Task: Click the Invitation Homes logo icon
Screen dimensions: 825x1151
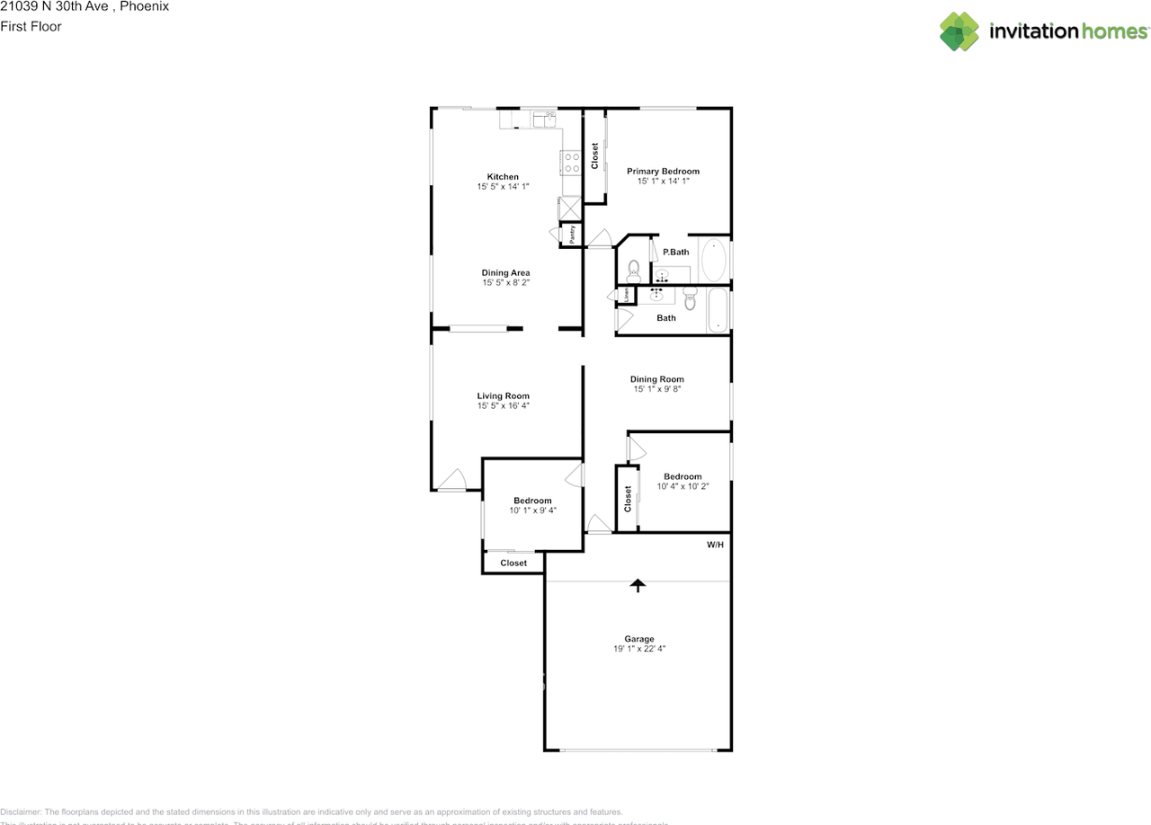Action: [x=959, y=31]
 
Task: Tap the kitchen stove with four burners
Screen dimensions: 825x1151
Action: [x=570, y=162]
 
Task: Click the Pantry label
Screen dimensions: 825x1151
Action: [x=573, y=234]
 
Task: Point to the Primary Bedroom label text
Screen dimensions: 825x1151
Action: [x=663, y=171]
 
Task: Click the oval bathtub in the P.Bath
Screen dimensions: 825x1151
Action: [x=713, y=260]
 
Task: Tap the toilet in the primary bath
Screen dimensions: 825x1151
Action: [x=633, y=269]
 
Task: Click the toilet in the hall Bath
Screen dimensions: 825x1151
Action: [x=690, y=299]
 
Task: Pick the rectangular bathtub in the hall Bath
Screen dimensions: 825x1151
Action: [x=717, y=310]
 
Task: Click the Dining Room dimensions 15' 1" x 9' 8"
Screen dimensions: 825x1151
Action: [x=656, y=389]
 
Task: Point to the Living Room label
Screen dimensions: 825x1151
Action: [x=503, y=395]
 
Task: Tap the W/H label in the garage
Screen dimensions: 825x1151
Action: [x=715, y=545]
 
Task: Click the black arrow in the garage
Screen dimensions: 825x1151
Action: [x=638, y=586]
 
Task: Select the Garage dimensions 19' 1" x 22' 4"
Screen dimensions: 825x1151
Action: [x=639, y=648]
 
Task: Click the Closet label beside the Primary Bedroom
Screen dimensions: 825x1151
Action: [x=594, y=155]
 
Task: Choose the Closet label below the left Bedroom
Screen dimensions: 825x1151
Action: [x=513, y=563]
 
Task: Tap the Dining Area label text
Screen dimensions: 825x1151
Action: [x=505, y=272]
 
